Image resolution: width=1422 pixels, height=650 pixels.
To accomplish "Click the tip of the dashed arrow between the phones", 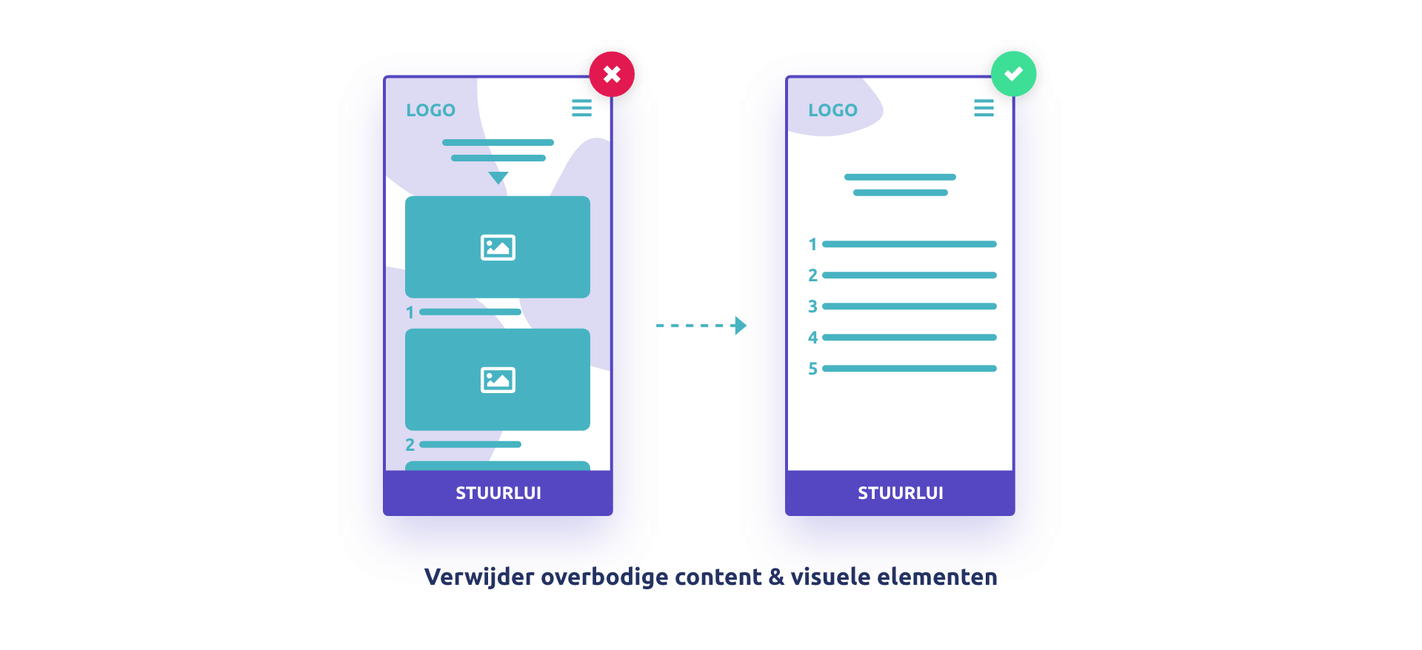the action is point(747,326).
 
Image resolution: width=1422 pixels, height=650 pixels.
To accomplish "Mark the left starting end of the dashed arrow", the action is point(656,326).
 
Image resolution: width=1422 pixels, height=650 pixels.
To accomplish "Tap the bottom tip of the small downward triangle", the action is point(498,184).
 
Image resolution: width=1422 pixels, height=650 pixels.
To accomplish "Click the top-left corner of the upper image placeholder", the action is point(405,196).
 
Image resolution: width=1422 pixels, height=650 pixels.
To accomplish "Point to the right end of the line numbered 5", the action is point(997,368).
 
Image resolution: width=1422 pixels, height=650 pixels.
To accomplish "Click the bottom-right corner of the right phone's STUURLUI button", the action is point(1015,515).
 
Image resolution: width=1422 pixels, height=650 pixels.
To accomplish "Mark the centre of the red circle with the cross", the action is point(612,74).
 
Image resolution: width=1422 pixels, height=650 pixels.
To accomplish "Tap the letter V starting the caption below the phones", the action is point(433,577).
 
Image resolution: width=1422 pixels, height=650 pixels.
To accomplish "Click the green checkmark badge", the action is point(1014,73).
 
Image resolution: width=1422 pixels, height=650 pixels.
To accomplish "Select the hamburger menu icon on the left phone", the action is point(582,108).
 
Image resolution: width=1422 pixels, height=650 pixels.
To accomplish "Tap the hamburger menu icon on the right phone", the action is point(984,108).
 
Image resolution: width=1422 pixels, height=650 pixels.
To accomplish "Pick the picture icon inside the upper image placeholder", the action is point(498,247).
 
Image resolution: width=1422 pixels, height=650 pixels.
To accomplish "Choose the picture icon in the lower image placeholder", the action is point(498,380).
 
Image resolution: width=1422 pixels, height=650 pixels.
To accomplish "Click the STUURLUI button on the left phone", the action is point(498,493).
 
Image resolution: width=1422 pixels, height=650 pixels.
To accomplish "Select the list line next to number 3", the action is point(909,306).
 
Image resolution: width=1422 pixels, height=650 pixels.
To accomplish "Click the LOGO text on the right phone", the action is point(833,110).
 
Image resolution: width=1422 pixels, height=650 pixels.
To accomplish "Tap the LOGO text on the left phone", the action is point(431,110).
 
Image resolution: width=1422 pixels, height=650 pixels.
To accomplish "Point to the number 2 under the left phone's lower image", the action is point(410,445).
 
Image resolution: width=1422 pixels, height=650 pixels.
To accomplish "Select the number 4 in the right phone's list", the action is point(812,338).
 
